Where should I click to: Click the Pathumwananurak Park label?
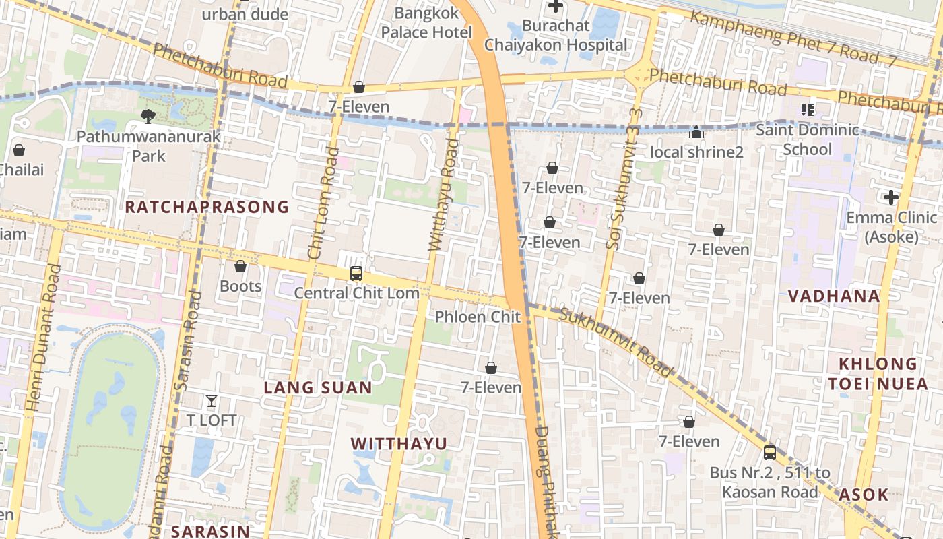(148, 146)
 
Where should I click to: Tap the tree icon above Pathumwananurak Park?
(148, 117)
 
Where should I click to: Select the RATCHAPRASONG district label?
(207, 207)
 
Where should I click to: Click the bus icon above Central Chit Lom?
(356, 274)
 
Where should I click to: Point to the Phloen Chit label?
(478, 317)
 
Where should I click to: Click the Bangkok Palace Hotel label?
(426, 22)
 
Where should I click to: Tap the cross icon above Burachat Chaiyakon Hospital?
(556, 7)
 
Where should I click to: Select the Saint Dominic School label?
(807, 139)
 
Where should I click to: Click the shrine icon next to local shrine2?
(696, 133)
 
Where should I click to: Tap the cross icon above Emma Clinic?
(891, 197)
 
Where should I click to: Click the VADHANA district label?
(834, 296)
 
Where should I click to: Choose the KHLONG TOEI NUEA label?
(878, 374)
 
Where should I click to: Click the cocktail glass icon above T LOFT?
(212, 401)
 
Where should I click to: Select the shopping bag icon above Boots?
(240, 267)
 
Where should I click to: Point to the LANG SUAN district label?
(318, 387)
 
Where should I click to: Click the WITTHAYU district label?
(399, 443)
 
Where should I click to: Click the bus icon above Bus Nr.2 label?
(770, 453)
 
